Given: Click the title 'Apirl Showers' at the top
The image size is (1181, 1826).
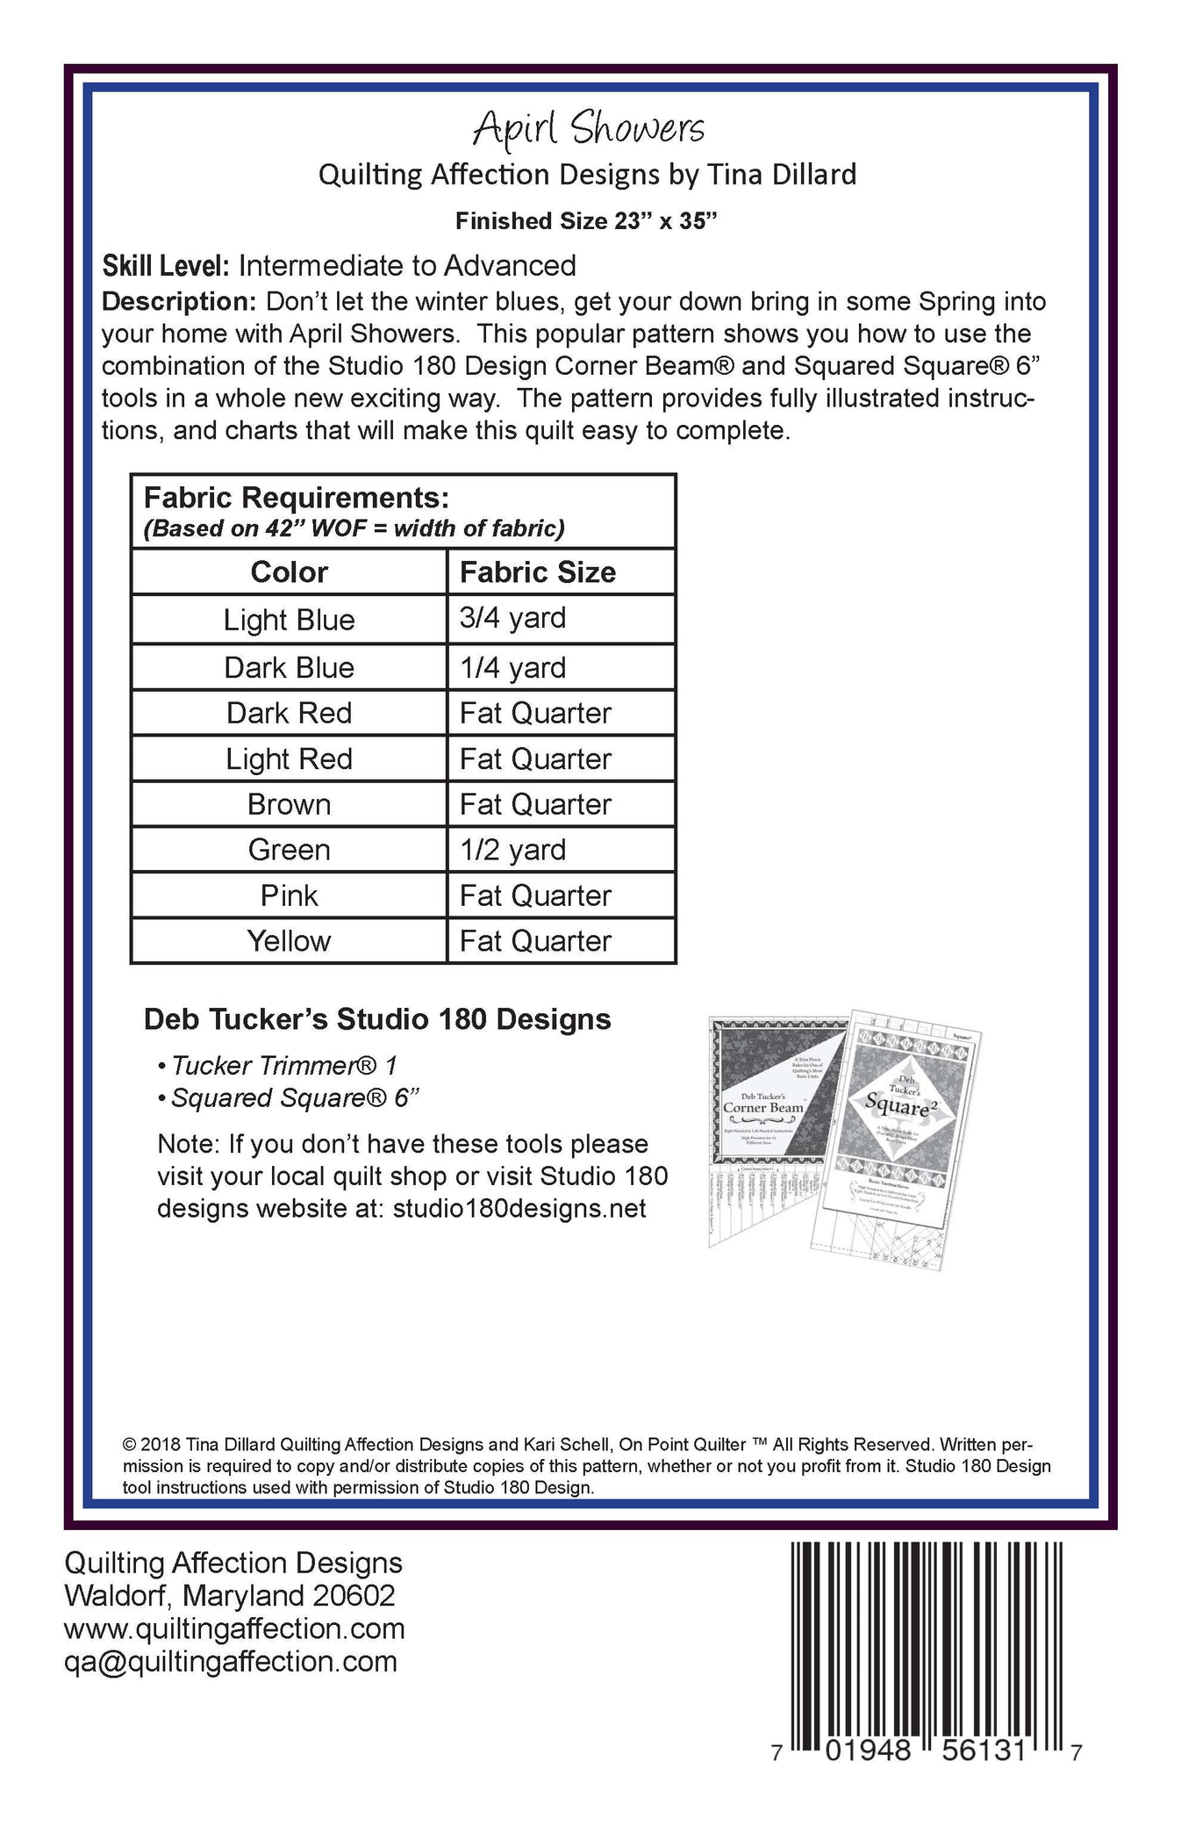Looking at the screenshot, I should pyautogui.click(x=588, y=129).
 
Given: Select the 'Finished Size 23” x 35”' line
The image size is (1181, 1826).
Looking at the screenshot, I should pyautogui.click(x=586, y=221).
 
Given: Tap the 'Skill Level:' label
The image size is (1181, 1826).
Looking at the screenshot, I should pyautogui.click(x=166, y=265).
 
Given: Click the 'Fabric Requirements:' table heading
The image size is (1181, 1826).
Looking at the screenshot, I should pyautogui.click(x=297, y=498).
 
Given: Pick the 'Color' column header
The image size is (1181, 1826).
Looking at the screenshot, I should pyautogui.click(x=289, y=572).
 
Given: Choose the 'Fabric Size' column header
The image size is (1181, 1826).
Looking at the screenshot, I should pyautogui.click(x=537, y=572).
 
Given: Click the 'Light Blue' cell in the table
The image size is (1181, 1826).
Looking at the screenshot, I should pyautogui.click(x=289, y=620).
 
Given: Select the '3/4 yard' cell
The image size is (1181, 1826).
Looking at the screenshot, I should pyautogui.click(x=512, y=618).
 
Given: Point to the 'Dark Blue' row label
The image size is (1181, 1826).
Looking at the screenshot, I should pyautogui.click(x=289, y=667).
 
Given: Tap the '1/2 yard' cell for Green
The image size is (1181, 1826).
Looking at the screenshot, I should pyautogui.click(x=512, y=850).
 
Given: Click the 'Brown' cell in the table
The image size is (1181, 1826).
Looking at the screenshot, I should pyautogui.click(x=289, y=804).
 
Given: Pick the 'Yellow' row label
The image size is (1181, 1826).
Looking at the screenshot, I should pyautogui.click(x=289, y=941).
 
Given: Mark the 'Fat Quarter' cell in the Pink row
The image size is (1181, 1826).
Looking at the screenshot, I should pyautogui.click(x=535, y=895).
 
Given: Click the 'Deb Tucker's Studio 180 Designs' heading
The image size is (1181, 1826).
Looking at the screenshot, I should pyautogui.click(x=377, y=1019).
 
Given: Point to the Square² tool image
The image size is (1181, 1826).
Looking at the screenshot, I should pyautogui.click(x=899, y=1132).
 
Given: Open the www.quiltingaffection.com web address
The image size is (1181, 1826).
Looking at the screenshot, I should pyautogui.click(x=234, y=1628).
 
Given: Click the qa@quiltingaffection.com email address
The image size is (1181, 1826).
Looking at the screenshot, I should pyautogui.click(x=231, y=1661).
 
